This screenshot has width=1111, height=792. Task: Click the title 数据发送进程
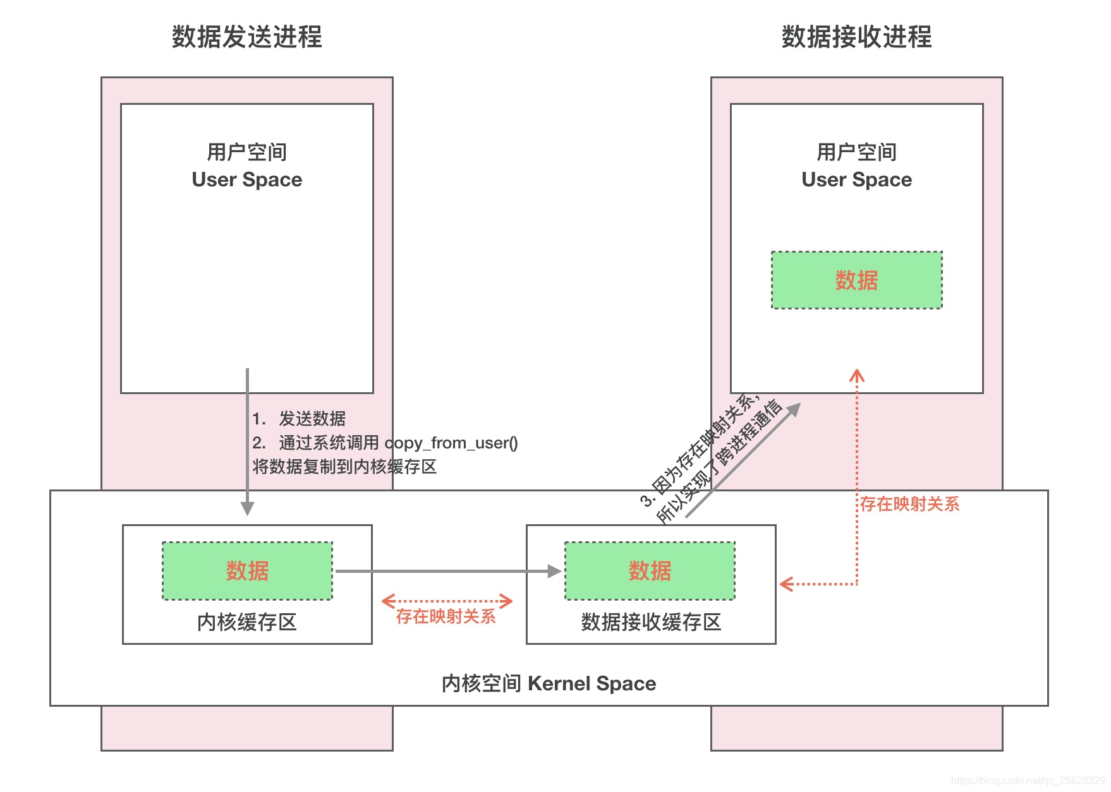(x=246, y=37)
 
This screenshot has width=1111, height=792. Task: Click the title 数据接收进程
(x=856, y=37)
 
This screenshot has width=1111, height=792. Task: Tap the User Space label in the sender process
(x=246, y=179)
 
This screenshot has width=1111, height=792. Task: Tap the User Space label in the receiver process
(x=856, y=179)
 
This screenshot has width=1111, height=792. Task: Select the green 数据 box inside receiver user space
(x=856, y=280)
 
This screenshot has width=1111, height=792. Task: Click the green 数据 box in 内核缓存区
(x=247, y=571)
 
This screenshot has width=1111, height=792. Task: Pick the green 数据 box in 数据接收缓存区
(x=650, y=571)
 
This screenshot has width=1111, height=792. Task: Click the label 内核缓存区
(x=246, y=622)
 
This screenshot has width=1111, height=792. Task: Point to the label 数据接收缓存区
(x=651, y=622)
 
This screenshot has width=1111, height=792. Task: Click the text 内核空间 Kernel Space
(x=549, y=683)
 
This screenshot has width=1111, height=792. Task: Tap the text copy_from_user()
(x=451, y=443)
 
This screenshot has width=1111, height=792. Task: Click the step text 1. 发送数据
(x=299, y=418)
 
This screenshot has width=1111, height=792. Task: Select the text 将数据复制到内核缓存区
(x=344, y=467)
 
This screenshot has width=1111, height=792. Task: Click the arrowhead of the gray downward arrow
(x=247, y=509)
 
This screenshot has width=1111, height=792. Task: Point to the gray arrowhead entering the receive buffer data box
(x=554, y=571)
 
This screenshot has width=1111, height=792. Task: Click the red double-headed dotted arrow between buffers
(x=447, y=601)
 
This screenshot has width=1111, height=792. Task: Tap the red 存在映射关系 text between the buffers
(x=446, y=616)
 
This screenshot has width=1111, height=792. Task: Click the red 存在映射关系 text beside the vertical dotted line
(x=909, y=504)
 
